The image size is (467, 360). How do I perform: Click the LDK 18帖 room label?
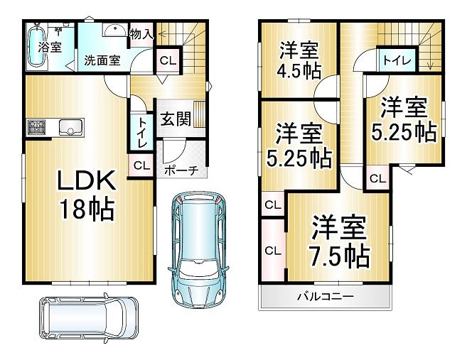point(87,195)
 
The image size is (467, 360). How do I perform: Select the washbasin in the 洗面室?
point(115,30)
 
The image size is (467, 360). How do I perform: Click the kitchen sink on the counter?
point(72,127)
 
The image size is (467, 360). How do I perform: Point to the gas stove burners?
point(37,126)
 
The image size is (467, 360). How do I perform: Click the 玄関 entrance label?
point(176,119)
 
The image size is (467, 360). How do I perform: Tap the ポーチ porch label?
point(181,170)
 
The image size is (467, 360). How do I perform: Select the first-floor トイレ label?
point(141,133)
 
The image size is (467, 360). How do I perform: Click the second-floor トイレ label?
point(397,60)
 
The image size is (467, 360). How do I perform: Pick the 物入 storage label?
point(141,34)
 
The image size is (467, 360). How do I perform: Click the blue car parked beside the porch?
point(198,250)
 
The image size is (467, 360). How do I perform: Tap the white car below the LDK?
point(89,318)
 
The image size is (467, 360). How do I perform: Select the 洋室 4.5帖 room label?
point(299,60)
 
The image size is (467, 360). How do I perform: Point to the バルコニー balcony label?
point(326,297)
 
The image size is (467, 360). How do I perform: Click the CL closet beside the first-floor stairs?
point(168,60)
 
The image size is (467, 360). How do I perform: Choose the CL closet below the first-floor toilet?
point(141,165)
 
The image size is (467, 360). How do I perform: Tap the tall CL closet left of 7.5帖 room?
point(273,251)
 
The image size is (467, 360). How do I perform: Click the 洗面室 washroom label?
point(102,60)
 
